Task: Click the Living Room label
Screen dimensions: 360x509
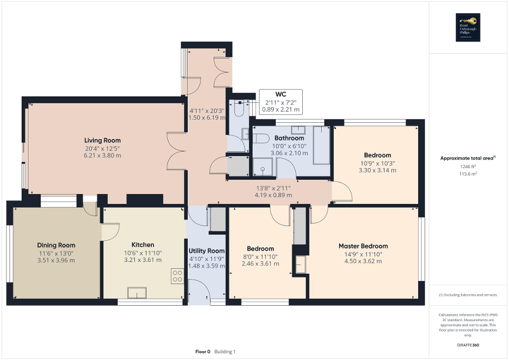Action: (x=102, y=140)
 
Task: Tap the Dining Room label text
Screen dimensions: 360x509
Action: (x=56, y=245)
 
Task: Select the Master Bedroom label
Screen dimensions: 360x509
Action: (x=363, y=246)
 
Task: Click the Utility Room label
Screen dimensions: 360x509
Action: (x=207, y=251)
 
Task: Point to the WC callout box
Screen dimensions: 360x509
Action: (x=281, y=102)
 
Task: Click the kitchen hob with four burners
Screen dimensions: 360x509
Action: (x=177, y=276)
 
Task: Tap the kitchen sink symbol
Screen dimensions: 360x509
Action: (x=137, y=292)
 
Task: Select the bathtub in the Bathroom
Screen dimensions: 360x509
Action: (x=321, y=145)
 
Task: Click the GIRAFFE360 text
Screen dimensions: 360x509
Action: (x=468, y=345)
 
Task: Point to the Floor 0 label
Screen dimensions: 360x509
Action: (x=201, y=352)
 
